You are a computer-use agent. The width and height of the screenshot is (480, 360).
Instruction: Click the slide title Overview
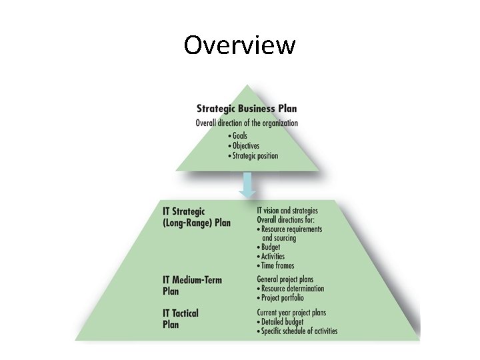239,45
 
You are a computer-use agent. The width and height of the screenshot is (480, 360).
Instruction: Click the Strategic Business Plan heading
247,109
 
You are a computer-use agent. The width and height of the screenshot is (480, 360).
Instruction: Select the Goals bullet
239,136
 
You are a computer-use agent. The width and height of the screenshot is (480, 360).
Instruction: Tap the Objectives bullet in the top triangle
245,146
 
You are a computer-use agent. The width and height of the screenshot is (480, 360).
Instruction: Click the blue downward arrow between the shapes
247,185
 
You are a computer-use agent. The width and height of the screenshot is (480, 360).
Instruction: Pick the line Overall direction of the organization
247,123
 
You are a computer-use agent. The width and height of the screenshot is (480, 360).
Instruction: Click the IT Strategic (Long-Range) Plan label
197,217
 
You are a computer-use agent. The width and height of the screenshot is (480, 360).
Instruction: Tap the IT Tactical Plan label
181,318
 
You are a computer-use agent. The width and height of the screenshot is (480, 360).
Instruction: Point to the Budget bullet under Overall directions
271,247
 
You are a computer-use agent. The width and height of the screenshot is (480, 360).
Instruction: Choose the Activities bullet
273,257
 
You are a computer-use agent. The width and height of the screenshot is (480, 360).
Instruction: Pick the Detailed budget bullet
282,322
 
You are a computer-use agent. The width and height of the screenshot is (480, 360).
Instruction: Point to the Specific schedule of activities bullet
299,331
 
